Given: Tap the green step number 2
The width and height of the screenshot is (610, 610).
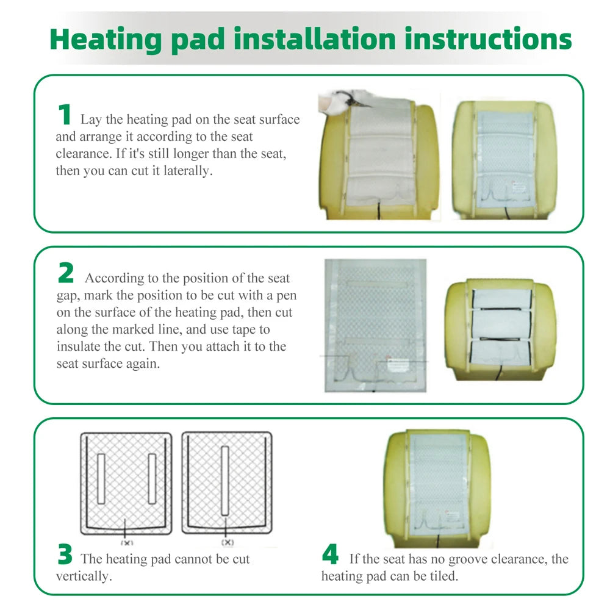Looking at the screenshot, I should [66, 273].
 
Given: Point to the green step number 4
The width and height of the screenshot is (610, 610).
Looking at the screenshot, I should [330, 554].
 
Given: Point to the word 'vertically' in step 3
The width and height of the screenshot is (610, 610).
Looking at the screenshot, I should [82, 576].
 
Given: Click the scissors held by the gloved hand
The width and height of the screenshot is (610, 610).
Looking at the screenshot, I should [345, 97].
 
